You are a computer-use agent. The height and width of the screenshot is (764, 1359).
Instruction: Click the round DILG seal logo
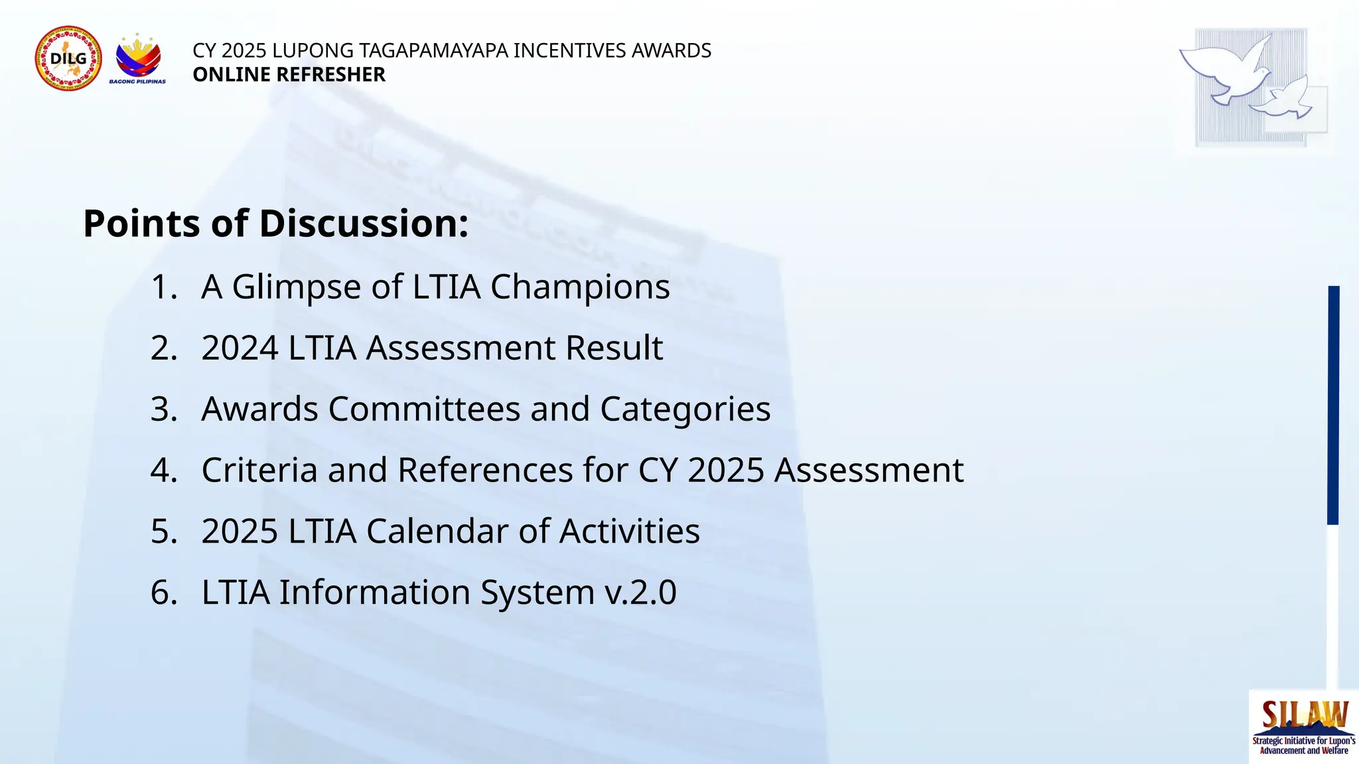(68, 59)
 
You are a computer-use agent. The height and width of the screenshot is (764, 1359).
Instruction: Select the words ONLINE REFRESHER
(289, 74)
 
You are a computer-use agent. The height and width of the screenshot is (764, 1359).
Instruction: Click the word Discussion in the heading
(364, 223)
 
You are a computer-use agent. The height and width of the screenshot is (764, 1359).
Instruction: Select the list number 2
(163, 348)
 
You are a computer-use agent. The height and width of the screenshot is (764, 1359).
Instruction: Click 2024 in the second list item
(240, 348)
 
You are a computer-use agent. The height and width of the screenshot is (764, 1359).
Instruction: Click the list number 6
(163, 592)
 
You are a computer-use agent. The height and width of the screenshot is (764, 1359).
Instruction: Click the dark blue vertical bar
(1333, 405)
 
